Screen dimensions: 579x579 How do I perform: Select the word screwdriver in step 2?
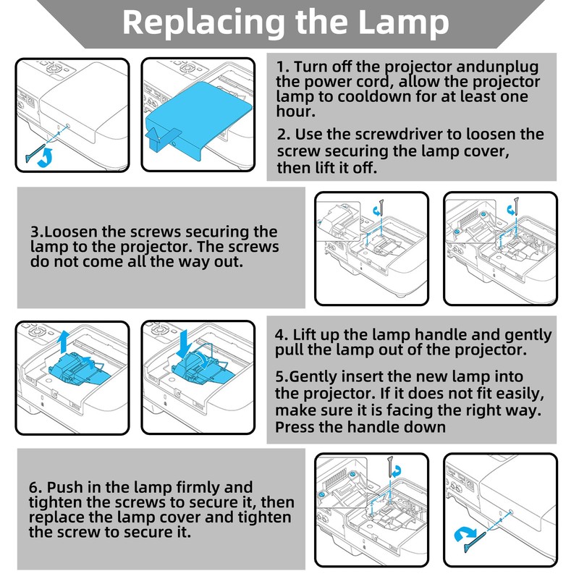390,135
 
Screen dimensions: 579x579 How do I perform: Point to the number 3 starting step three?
34,232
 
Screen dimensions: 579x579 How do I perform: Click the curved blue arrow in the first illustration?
45,157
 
